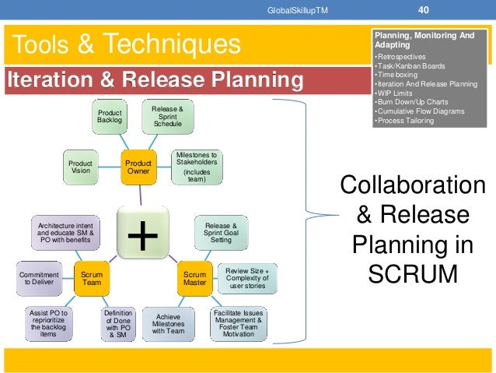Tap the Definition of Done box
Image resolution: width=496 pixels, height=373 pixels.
click(x=119, y=324)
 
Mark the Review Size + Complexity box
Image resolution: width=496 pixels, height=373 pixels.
click(x=247, y=276)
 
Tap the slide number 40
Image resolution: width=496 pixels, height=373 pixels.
click(x=423, y=10)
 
